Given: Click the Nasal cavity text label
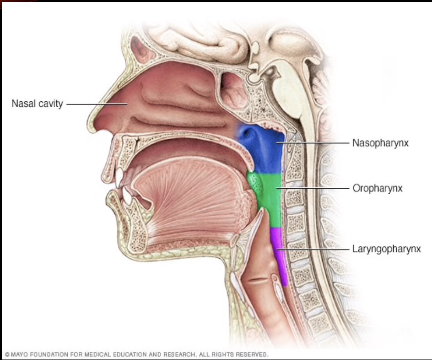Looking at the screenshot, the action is pos(37,104).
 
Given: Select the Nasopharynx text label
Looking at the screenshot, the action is pos(380,143).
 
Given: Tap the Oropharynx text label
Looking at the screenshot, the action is pos(377,188).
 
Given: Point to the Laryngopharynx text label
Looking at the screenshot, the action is pos(386,249).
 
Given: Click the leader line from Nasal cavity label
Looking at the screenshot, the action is pos(96,104).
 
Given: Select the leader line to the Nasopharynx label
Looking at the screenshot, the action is pos(316,143).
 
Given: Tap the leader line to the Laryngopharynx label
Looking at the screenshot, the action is pos(316,249).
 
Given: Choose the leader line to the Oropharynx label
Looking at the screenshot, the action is pos(316,188).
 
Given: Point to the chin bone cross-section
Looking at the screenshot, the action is pos(133,229).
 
